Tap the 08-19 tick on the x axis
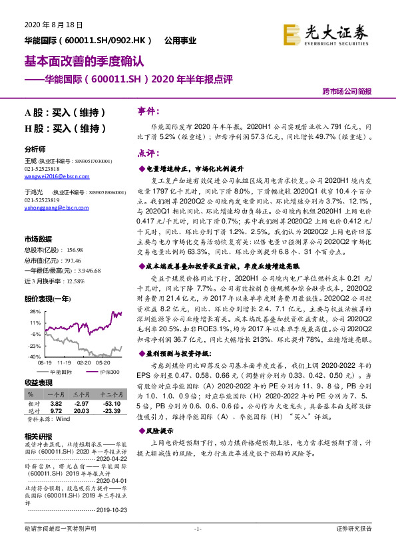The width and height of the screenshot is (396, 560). pos(45,363)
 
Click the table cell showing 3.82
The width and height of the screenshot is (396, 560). pos(57,403)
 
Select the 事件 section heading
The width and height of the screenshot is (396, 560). pos(148,110)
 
